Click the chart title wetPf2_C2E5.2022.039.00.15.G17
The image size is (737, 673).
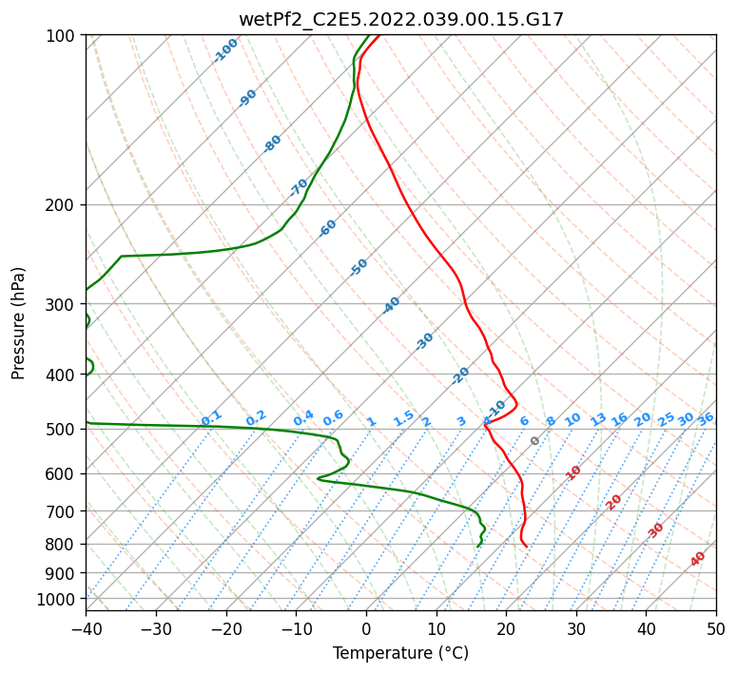[400, 19]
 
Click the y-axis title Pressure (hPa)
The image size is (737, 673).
[19, 322]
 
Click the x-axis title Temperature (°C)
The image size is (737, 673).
[400, 653]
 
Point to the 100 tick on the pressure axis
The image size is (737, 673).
[63, 36]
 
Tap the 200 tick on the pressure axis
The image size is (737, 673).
[63, 204]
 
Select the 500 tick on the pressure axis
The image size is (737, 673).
[63, 430]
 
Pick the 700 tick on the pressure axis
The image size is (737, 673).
[63, 511]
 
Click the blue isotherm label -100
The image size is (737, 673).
[226, 50]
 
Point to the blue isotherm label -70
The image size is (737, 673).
[300, 186]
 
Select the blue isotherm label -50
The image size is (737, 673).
[359, 267]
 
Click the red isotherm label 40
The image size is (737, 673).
[698, 559]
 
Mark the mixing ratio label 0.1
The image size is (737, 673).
[212, 417]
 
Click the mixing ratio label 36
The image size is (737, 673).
[706, 418]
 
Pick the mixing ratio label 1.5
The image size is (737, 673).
[404, 417]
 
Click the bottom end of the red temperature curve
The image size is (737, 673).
[527, 547]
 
